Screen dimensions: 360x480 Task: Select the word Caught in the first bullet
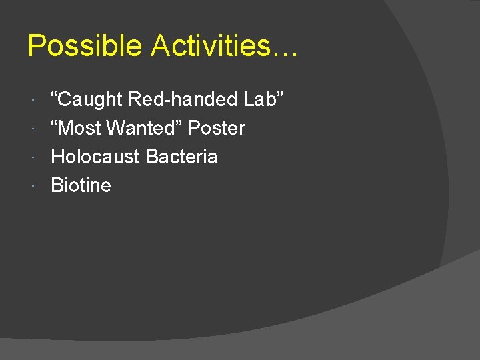click(x=91, y=100)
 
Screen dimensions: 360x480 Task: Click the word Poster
click(x=217, y=128)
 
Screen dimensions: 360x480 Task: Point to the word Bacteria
click(x=181, y=157)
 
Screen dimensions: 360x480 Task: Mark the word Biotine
click(x=81, y=185)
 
